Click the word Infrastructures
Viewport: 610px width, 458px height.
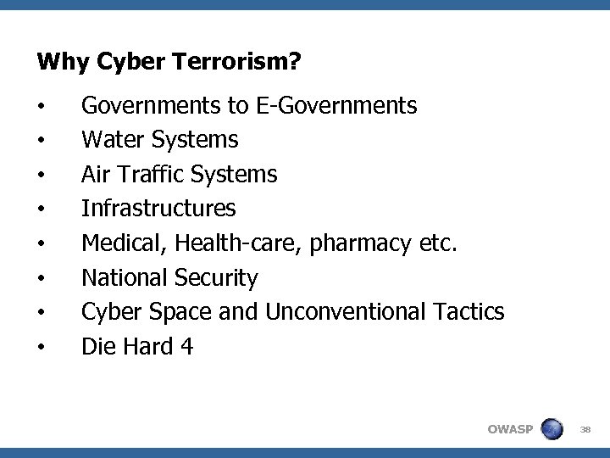coord(158,209)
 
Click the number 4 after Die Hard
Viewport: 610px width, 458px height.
coord(186,346)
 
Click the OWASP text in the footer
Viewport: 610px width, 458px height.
coord(510,429)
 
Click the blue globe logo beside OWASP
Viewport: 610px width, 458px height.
coord(552,428)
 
